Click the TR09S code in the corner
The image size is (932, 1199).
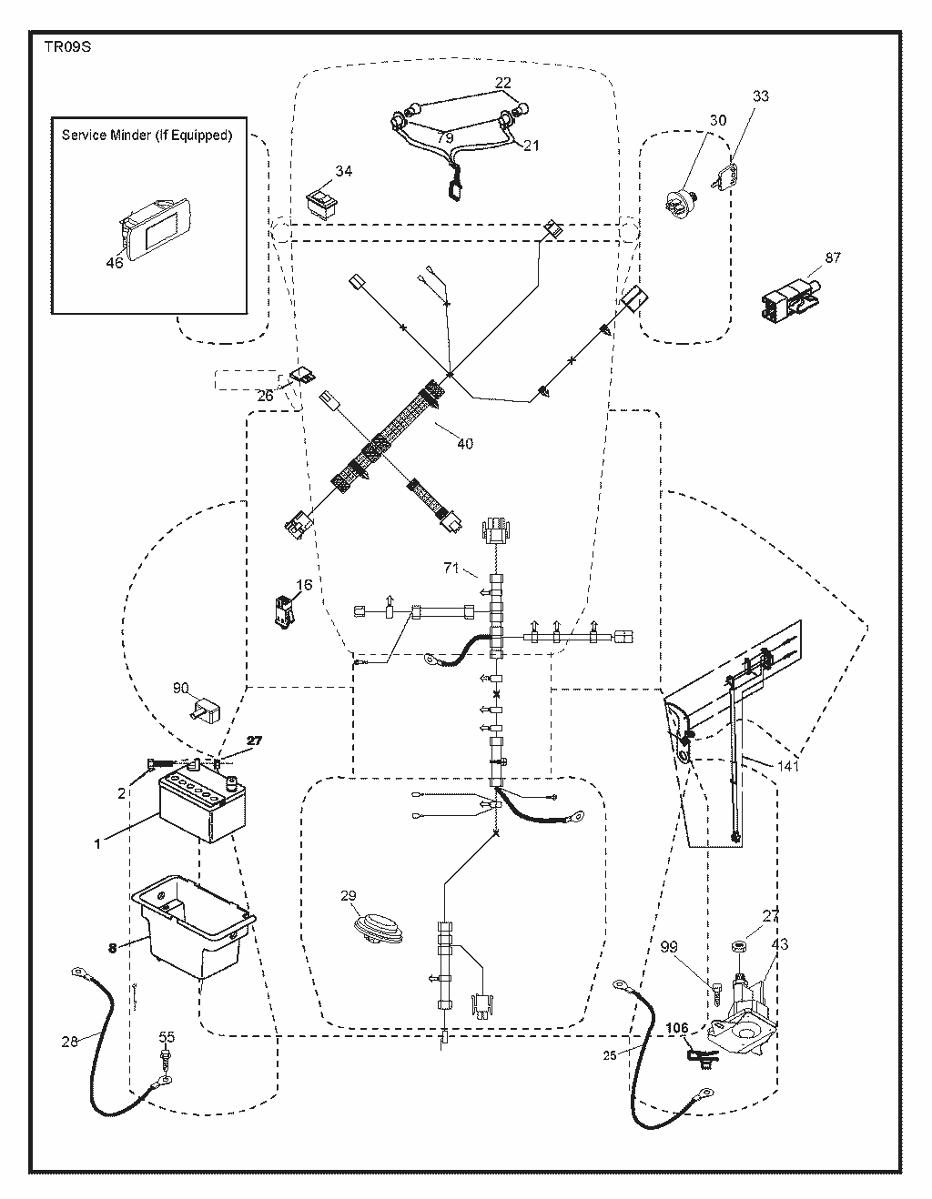67,47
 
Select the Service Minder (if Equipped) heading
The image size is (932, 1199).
147,136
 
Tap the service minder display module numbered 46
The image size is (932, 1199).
154,227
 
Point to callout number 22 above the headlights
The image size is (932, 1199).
502,83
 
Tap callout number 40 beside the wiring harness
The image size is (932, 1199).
465,444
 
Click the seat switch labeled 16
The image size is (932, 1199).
284,611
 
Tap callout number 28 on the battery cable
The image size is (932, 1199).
69,1042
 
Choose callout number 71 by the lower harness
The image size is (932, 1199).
451,568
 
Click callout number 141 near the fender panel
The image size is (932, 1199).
787,766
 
